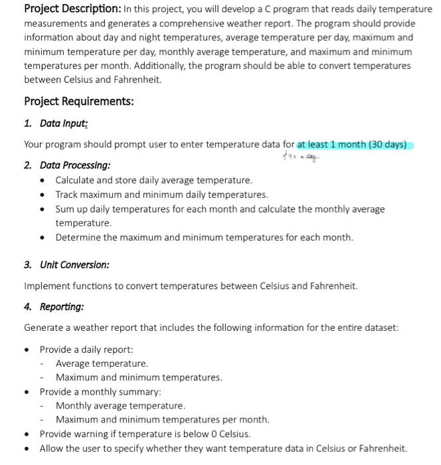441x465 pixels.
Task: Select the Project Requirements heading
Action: [x=78, y=102]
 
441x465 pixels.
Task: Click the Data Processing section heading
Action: [x=75, y=165]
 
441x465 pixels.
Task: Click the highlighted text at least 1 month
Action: [x=352, y=145]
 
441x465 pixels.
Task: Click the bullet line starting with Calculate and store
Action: [x=153, y=180]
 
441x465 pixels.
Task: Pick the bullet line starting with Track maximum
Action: [x=161, y=195]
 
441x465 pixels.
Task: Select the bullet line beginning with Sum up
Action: [x=219, y=209]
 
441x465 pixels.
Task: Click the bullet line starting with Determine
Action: [x=204, y=237]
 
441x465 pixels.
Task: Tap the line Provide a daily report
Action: [x=86, y=349]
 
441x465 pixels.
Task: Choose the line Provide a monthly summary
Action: [x=100, y=392]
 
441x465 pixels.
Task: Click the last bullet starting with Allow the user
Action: [x=222, y=448]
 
